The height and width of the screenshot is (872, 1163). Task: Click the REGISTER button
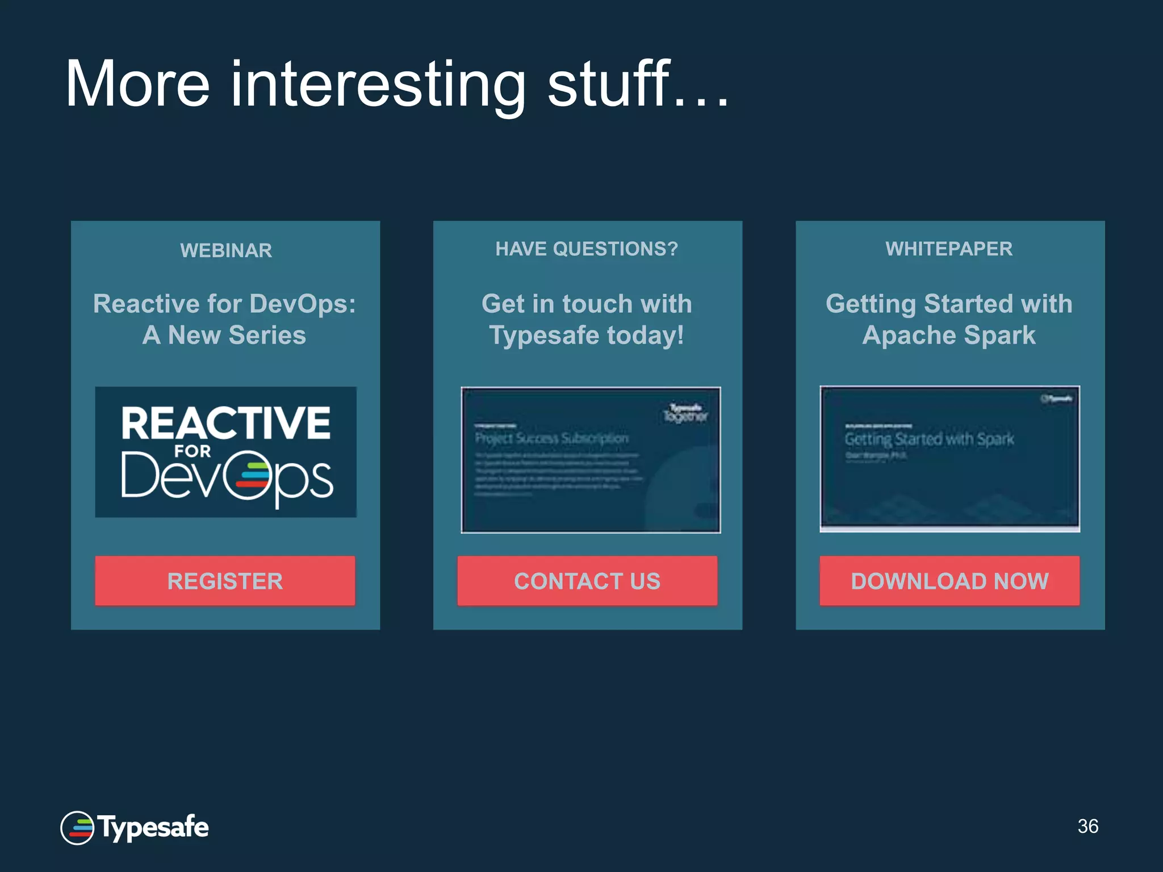coord(225,581)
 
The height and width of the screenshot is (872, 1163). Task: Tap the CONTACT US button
coord(587,581)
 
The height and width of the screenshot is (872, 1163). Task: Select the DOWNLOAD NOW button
coord(949,581)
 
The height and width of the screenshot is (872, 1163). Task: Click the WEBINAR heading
coord(226,250)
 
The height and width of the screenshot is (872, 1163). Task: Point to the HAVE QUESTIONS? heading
coord(587,249)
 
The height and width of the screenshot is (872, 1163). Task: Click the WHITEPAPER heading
coord(949,249)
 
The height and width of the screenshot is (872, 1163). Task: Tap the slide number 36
coord(1087,826)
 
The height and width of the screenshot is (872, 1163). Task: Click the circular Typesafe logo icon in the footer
coord(77,828)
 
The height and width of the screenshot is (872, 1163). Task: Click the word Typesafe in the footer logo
coord(153,827)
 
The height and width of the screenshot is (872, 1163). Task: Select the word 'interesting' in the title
coord(378,85)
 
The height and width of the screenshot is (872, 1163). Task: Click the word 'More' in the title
coord(138,85)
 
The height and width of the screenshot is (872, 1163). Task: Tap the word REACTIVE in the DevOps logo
coord(225,423)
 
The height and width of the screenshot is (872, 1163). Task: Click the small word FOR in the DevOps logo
coord(193,451)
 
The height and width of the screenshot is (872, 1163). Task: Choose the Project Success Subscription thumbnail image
coord(591,460)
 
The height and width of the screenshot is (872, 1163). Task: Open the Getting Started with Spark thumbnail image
coord(949,458)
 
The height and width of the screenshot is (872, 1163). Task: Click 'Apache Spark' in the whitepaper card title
coord(949,335)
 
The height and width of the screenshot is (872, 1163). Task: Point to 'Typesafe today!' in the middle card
coord(587,335)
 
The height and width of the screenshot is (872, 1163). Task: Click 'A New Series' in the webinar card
coord(224,335)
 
